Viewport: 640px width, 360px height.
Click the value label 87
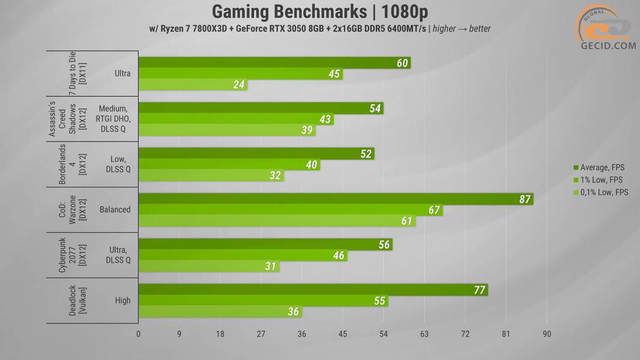pos(524,199)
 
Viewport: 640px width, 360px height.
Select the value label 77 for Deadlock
pos(478,290)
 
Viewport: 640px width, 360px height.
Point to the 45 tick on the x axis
pos(343,334)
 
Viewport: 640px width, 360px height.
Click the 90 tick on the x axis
pos(546,334)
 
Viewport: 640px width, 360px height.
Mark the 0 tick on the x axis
pos(139,334)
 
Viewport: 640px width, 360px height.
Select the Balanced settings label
pos(115,210)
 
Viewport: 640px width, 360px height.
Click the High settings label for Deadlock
pos(122,301)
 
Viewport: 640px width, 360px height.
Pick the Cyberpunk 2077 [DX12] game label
pos(70,255)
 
